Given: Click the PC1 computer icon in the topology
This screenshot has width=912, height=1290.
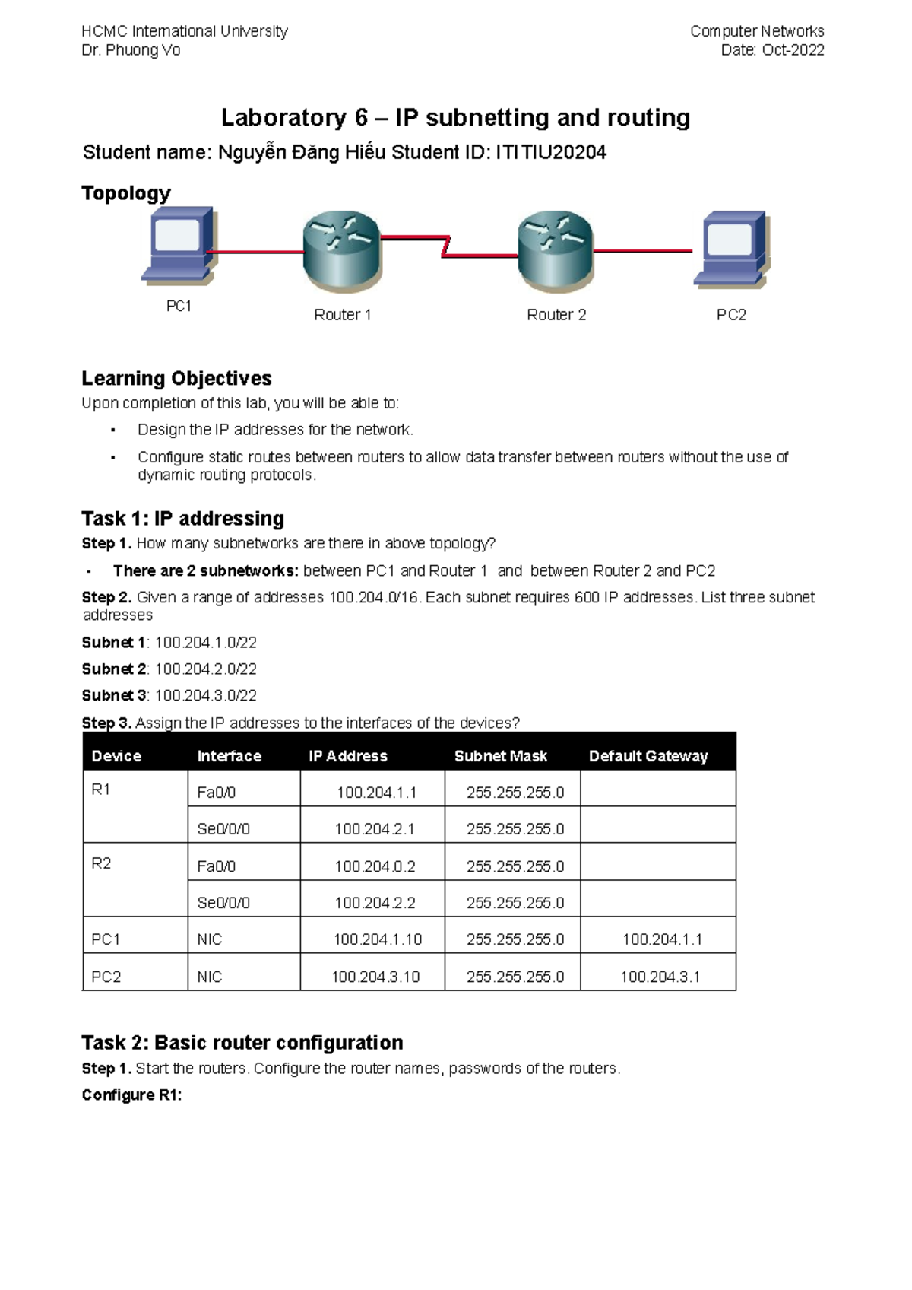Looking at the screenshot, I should [x=179, y=245].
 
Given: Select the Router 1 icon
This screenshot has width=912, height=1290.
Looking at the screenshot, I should [x=342, y=252].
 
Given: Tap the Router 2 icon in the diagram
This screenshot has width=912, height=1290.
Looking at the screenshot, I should [x=556, y=252].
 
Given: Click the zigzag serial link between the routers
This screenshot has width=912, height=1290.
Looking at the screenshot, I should [x=447, y=246].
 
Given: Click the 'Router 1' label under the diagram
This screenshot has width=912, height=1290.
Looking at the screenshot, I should [x=343, y=315].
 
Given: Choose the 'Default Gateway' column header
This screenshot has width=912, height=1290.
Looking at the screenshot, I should [x=648, y=756].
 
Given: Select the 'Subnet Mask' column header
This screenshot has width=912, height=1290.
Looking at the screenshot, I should [x=501, y=756].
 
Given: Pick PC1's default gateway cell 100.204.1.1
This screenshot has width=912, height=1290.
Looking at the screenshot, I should [x=662, y=939].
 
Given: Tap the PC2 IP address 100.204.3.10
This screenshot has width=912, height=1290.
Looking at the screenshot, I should [x=375, y=977].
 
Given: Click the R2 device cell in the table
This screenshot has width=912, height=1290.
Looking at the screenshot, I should [x=102, y=863].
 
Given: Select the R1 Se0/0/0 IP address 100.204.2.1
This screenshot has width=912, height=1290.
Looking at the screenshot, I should [x=375, y=829].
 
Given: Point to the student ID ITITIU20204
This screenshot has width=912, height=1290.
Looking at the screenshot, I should [x=551, y=153].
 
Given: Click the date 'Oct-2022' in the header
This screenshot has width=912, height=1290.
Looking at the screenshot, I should [x=793, y=50].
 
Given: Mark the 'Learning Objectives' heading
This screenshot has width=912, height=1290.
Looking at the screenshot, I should [x=176, y=378].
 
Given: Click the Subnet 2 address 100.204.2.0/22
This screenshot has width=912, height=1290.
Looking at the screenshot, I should [x=206, y=669].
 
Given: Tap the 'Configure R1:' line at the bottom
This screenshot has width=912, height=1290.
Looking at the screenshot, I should [x=131, y=1095].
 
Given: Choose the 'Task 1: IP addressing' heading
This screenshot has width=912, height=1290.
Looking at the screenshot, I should [x=182, y=519].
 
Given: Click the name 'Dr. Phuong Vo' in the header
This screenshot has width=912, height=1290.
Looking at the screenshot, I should [x=131, y=50].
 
